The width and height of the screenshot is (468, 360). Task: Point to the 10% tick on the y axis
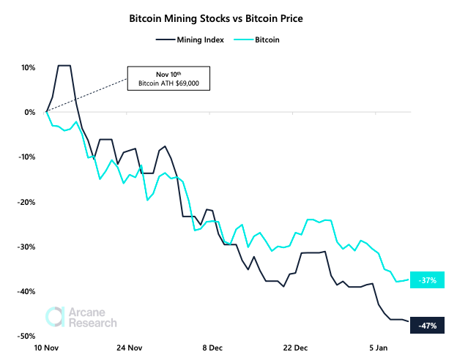click(x=28, y=67)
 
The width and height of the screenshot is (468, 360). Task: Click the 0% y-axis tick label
click(x=30, y=112)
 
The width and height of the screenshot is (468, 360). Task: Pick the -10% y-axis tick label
click(x=27, y=157)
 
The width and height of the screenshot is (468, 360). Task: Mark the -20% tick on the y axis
click(x=27, y=202)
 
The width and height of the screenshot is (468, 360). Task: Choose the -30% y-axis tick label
click(x=27, y=247)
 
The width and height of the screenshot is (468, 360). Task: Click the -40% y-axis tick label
click(x=27, y=291)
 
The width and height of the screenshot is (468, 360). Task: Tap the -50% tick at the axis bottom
click(x=27, y=336)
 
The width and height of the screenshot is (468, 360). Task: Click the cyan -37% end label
click(x=428, y=280)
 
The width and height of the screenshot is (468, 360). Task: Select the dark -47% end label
click(x=428, y=326)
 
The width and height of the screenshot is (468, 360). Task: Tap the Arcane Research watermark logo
click(x=81, y=316)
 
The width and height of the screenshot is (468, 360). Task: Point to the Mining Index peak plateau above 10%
click(x=64, y=66)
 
